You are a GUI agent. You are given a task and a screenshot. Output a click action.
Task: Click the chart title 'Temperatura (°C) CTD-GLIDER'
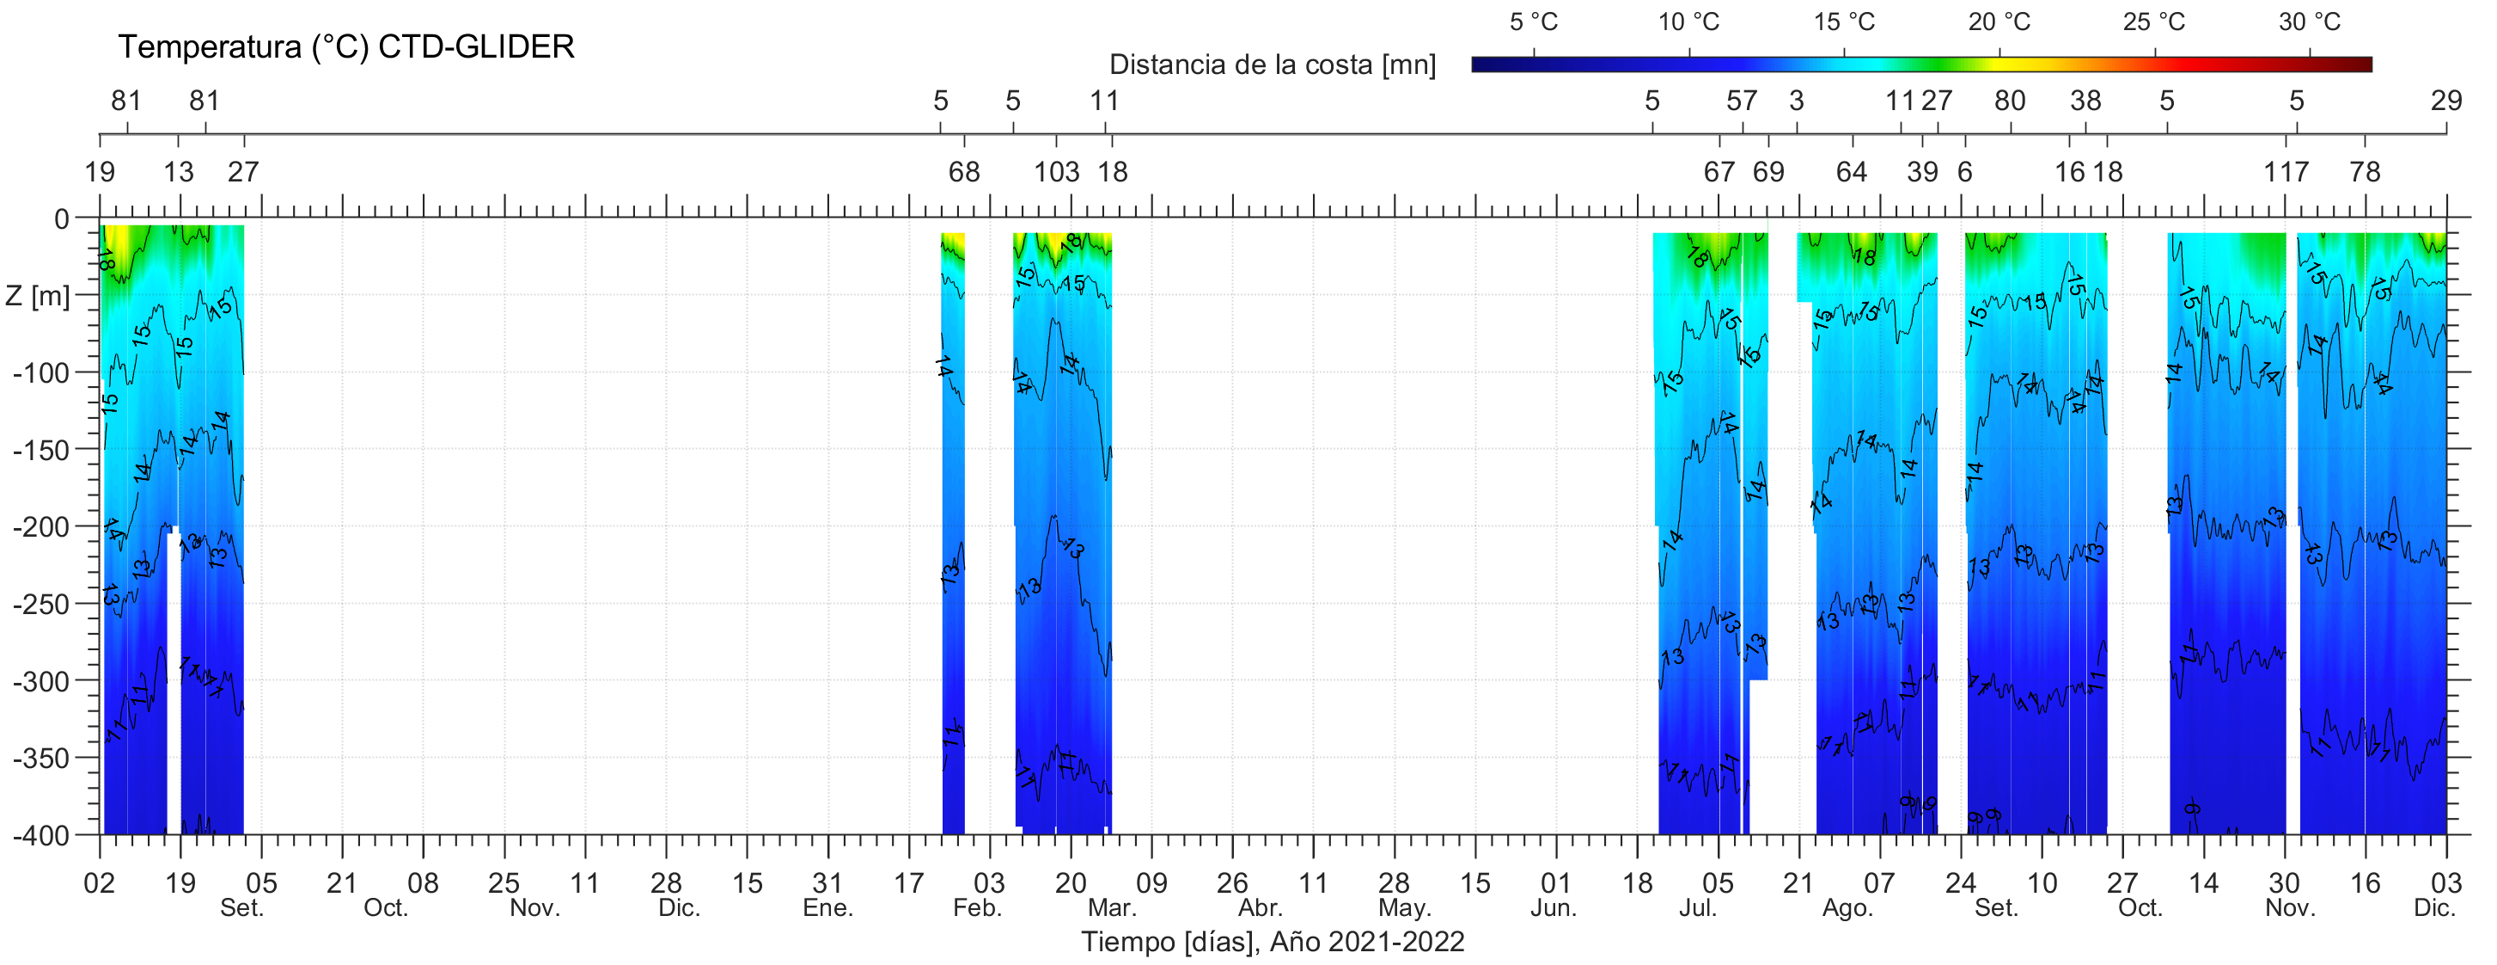[x=346, y=46]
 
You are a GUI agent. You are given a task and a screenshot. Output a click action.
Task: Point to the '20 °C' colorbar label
[x=1999, y=22]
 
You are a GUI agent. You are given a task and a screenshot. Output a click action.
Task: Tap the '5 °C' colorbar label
[x=1534, y=22]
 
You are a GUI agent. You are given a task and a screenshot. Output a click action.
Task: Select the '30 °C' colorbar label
[x=2309, y=22]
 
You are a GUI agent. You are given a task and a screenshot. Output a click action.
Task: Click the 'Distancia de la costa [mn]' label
[x=1272, y=65]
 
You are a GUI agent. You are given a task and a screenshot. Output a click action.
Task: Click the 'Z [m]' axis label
[x=38, y=296]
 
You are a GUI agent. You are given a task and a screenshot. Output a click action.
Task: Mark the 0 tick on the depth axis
[x=62, y=219]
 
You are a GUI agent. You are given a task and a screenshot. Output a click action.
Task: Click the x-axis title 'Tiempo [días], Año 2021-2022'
[x=1272, y=942]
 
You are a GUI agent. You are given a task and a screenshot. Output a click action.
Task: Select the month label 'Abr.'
[x=1261, y=909]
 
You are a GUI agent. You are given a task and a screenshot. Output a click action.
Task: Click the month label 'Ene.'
[x=827, y=909]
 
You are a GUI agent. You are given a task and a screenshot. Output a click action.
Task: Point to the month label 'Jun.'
[x=1554, y=909]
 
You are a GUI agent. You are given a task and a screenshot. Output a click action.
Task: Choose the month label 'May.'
[x=1405, y=909]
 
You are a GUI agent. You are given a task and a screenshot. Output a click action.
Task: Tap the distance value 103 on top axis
[x=1056, y=173]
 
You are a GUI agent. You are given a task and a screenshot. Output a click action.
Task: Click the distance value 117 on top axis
[x=2286, y=173]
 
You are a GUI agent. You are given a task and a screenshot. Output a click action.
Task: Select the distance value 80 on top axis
[x=2010, y=101]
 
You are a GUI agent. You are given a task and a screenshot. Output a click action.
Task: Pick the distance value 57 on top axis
[x=1742, y=101]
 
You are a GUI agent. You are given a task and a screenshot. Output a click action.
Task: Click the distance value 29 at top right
[x=2445, y=101]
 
